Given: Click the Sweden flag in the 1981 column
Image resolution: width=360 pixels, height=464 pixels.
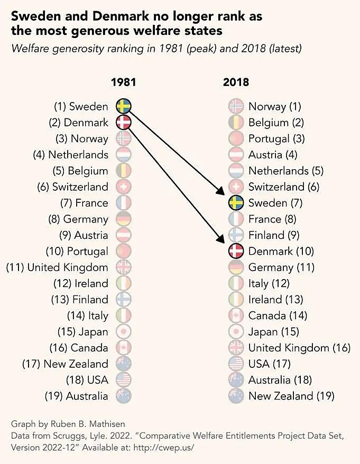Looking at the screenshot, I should click(x=123, y=106).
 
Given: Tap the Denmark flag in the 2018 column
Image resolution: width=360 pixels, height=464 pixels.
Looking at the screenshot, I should click(x=236, y=251).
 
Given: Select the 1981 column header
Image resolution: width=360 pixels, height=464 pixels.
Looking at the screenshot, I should click(x=123, y=82).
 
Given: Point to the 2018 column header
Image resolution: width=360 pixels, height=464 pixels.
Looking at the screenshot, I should click(x=236, y=82).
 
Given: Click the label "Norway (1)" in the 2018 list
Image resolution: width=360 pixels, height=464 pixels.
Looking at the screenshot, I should click(x=274, y=106).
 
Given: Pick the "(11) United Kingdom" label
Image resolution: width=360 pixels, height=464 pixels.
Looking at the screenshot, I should click(x=57, y=267).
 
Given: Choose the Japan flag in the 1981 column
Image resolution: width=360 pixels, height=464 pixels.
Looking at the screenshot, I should click(x=123, y=332).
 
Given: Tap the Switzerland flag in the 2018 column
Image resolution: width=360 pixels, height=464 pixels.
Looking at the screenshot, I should click(x=236, y=187).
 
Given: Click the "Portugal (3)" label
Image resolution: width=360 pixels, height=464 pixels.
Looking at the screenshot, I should click(x=276, y=138).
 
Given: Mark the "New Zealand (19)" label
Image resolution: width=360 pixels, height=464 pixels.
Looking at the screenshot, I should click(x=291, y=396).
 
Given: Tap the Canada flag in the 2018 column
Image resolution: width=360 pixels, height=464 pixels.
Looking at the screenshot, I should click(x=236, y=315).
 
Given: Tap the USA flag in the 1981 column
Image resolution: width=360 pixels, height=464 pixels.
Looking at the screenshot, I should click(x=123, y=380).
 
